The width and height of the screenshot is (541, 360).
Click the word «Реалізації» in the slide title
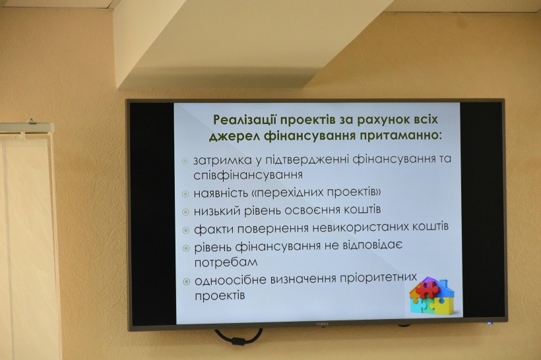click(x=243, y=120)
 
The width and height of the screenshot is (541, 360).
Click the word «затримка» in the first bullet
click(x=222, y=160)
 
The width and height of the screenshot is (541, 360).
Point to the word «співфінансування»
click(x=248, y=175)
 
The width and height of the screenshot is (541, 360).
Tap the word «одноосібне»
click(x=230, y=280)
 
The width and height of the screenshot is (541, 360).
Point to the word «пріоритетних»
click(x=379, y=278)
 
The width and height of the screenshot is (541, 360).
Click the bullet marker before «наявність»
click(x=185, y=194)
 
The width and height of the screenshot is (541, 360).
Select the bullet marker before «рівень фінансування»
click(x=186, y=248)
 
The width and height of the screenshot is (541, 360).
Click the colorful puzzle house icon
click(x=432, y=295)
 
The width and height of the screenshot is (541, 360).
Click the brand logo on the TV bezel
click(x=322, y=324)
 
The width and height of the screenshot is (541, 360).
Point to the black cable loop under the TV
click(x=238, y=337)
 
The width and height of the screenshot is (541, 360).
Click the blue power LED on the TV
click(x=489, y=323)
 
